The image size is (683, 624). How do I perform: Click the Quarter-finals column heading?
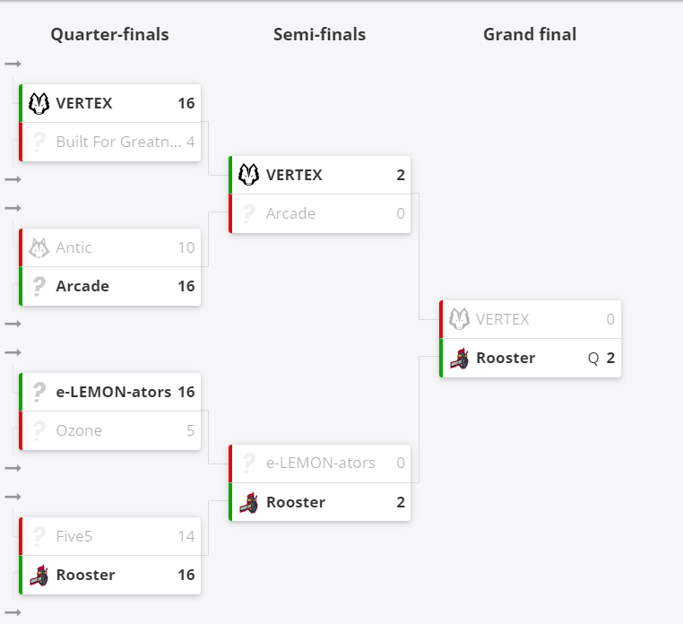coord(109,34)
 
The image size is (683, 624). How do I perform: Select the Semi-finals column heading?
coord(320,34)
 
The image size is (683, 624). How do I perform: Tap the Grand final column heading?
coord(530,34)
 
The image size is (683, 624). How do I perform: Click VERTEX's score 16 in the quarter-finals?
coord(186,103)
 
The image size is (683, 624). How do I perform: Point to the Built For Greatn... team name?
coord(118,142)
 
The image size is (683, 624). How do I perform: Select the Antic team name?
coord(73,247)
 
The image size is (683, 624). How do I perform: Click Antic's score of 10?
coord(186,247)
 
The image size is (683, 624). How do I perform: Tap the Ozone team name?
coord(79,430)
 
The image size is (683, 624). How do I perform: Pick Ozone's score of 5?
coord(190,430)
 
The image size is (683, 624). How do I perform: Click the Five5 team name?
coord(74,536)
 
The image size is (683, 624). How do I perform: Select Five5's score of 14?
coord(186,536)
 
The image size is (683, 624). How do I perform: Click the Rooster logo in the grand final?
coord(459,359)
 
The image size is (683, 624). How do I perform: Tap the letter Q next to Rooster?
coord(592,359)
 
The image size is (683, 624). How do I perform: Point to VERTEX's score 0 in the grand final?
coord(610,319)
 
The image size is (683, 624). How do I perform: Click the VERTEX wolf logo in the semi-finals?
coord(248,175)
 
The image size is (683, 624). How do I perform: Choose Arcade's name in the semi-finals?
coord(290,213)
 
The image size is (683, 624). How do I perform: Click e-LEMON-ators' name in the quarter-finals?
coord(113,392)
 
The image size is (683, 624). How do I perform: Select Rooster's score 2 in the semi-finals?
coord(401,502)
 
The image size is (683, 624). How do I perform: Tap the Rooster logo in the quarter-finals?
coord(39,576)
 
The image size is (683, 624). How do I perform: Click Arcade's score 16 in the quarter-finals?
coord(186,286)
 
